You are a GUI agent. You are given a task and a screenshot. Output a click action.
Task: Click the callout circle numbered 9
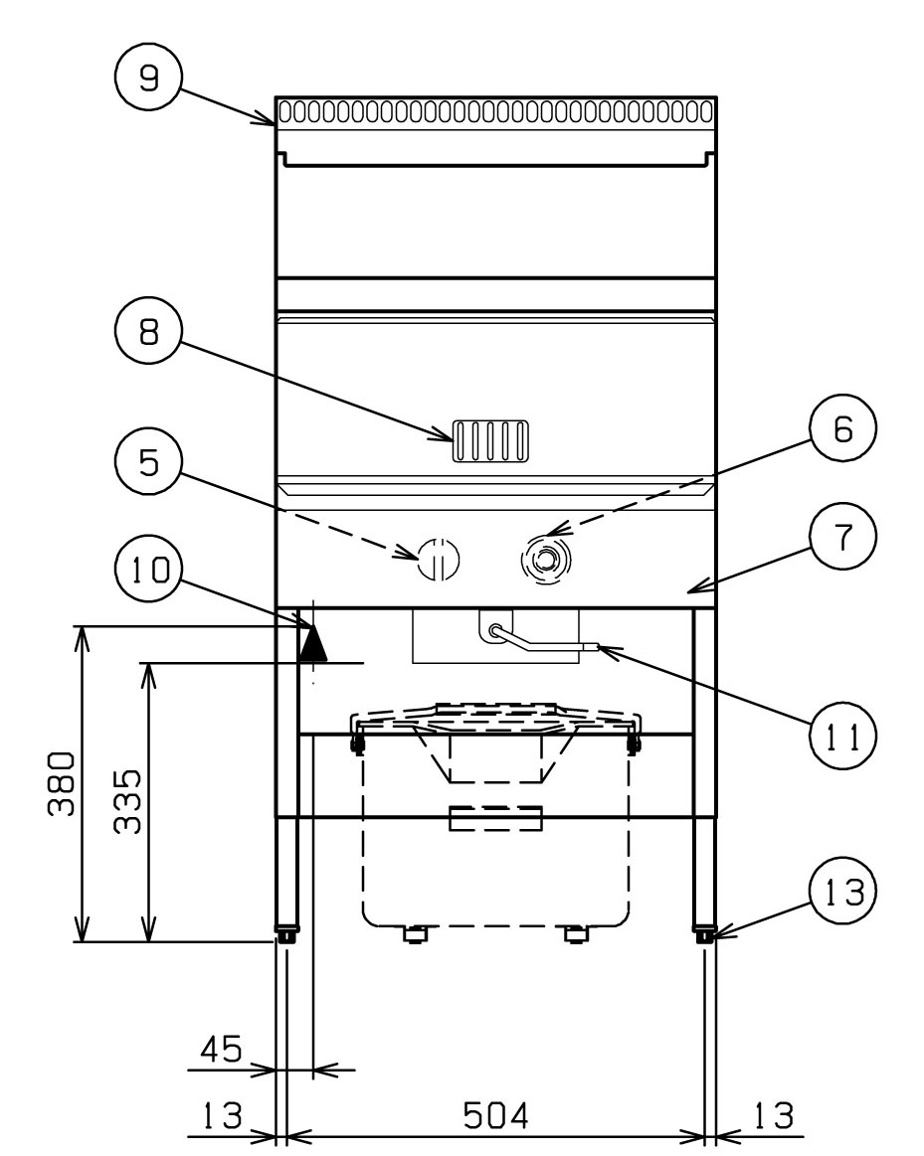click(149, 76)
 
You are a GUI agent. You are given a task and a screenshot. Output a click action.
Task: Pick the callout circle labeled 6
click(842, 427)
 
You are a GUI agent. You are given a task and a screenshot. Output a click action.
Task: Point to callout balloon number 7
click(842, 536)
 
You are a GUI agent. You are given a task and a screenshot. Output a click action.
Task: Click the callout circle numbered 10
click(149, 570)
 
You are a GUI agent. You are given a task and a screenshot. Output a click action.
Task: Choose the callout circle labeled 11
click(842, 735)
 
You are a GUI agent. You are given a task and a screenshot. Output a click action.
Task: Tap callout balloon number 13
click(842, 892)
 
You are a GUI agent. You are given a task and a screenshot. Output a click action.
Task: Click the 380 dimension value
click(62, 783)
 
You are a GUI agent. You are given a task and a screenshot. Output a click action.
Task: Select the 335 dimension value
click(127, 801)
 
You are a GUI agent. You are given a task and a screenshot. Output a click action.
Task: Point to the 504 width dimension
click(495, 1115)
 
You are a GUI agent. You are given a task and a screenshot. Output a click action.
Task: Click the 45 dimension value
click(221, 1049)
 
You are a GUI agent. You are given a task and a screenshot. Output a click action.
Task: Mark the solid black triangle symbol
click(312, 643)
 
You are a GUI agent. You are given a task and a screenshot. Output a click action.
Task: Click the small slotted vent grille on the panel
click(490, 441)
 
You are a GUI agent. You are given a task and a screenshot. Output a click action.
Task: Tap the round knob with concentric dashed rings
click(545, 561)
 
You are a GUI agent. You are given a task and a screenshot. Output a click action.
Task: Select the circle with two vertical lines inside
click(438, 559)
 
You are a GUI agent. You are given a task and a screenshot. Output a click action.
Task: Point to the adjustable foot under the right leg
click(703, 932)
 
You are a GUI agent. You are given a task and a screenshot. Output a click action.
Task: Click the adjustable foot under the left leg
click(286, 932)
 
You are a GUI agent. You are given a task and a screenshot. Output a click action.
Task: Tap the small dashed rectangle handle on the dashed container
click(495, 818)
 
